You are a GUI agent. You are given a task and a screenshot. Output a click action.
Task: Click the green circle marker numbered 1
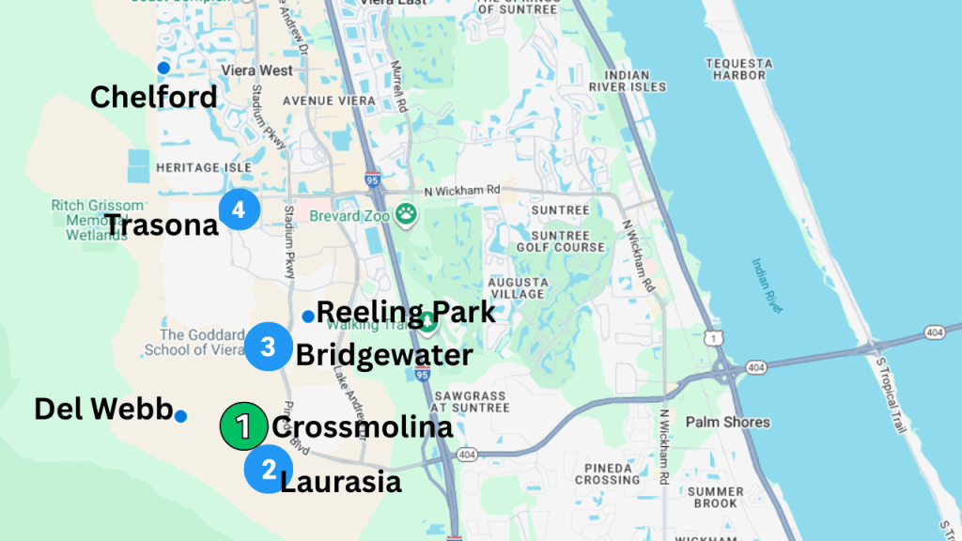click(243, 427)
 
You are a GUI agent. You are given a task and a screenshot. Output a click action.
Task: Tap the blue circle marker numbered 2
click(268, 468)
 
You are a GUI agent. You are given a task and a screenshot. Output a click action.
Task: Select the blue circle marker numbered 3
click(268, 348)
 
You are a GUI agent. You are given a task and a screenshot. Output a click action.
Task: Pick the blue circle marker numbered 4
click(238, 209)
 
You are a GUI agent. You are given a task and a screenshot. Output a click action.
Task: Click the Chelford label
click(153, 96)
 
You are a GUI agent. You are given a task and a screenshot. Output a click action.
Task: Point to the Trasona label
click(161, 224)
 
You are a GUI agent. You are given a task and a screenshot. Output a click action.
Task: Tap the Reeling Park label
click(406, 311)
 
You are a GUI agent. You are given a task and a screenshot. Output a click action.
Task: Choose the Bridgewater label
click(384, 355)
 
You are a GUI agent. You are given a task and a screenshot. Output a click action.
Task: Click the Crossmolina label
click(362, 427)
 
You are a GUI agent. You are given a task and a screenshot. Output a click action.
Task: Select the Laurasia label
click(342, 482)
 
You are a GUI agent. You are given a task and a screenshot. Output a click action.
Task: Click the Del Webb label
click(103, 409)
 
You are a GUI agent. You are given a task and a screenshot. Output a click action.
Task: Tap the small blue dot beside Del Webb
click(180, 416)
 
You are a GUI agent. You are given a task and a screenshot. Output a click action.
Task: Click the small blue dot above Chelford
click(163, 67)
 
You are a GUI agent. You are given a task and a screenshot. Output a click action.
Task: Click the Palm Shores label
click(727, 422)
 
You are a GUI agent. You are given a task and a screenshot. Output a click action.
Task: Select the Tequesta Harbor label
click(739, 70)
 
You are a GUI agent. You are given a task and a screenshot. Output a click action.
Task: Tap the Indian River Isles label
click(628, 81)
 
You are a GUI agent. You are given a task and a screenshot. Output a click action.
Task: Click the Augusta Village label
click(518, 287)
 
